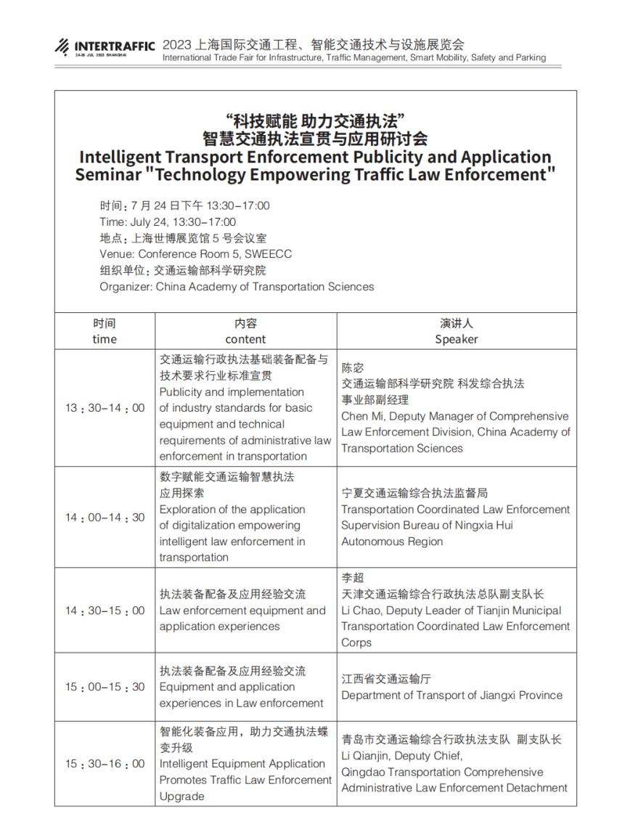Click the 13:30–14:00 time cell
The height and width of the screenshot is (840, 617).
tap(105, 408)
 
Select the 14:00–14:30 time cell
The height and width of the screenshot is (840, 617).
tap(105, 518)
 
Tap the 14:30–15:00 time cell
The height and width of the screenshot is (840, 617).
tap(105, 611)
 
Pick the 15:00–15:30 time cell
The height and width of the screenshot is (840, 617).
tap(105, 687)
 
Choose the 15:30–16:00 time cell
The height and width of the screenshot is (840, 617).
tap(105, 764)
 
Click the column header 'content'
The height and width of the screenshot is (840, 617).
tap(245, 339)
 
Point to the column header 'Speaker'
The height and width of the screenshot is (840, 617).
tap(457, 339)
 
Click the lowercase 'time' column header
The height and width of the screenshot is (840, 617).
tap(105, 339)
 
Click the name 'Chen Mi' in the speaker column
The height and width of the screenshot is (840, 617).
tap(361, 417)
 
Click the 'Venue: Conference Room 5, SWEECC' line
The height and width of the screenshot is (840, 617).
tap(196, 254)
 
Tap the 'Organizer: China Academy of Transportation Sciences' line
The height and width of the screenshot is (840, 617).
tap(237, 287)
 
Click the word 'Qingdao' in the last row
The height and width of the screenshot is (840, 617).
tap(362, 772)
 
